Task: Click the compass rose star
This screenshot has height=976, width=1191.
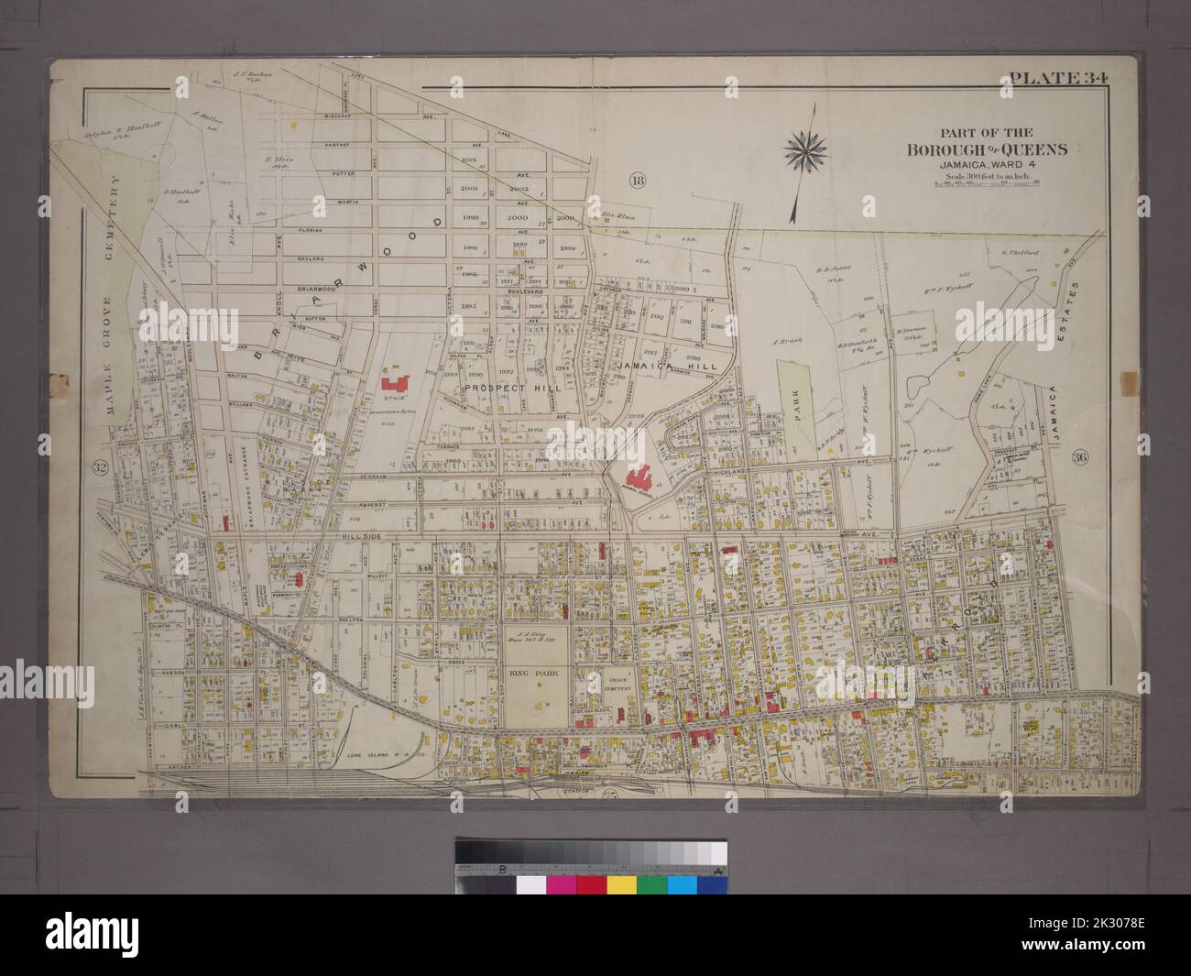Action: [x=807, y=146]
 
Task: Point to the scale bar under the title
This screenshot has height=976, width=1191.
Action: [x=986, y=186]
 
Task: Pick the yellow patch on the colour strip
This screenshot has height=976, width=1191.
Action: [x=622, y=886]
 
